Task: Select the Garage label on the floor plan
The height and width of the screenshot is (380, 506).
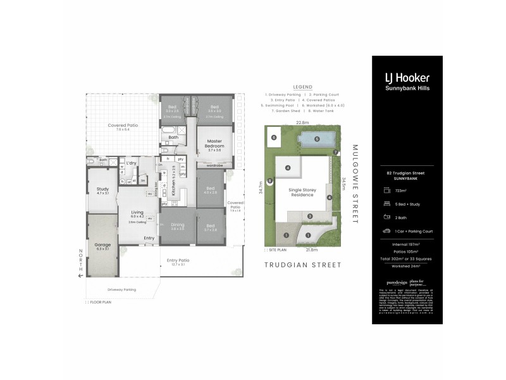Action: pyautogui.click(x=102, y=244)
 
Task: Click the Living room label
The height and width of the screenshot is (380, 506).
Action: pyautogui.click(x=137, y=213)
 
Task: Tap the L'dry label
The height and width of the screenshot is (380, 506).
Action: pyautogui.click(x=132, y=164)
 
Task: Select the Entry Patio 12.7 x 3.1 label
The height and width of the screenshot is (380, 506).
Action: pyautogui.click(x=178, y=261)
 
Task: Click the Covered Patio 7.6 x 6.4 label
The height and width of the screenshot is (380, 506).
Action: pyautogui.click(x=123, y=126)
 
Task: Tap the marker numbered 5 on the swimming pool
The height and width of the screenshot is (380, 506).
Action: pyautogui.click(x=317, y=139)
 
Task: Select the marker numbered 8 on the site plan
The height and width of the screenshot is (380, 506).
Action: pyautogui.click(x=269, y=182)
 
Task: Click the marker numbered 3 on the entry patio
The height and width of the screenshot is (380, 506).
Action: pyautogui.click(x=310, y=217)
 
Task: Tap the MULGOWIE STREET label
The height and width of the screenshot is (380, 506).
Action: pyautogui.click(x=354, y=184)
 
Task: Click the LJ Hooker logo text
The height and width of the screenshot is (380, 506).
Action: pyautogui.click(x=407, y=78)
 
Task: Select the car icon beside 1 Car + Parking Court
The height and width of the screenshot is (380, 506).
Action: pyautogui.click(x=386, y=231)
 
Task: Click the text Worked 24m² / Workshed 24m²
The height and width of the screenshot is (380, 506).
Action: pyautogui.click(x=407, y=265)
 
